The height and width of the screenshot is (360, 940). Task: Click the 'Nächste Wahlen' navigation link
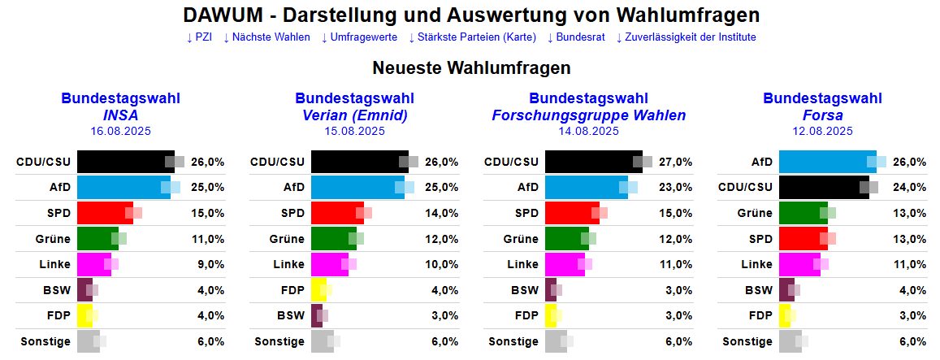266,37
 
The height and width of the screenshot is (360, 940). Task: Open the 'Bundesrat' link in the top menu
576,37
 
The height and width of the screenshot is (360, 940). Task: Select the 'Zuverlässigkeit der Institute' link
686,37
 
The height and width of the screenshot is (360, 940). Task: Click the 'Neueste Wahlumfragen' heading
471,68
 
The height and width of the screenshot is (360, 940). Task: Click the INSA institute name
121,115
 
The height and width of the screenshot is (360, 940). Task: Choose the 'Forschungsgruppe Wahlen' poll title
589,115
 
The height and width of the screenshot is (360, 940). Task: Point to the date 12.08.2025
823,131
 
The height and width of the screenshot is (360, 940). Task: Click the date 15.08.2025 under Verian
355,131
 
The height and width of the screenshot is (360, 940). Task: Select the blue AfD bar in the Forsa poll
827,162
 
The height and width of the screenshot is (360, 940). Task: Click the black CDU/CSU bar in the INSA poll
125,162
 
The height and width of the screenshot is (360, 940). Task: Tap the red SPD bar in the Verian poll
337,213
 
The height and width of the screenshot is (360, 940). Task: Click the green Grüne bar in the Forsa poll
803,213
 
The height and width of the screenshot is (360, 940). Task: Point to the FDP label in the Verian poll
293,290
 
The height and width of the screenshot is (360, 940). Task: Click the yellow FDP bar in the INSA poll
84,316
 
